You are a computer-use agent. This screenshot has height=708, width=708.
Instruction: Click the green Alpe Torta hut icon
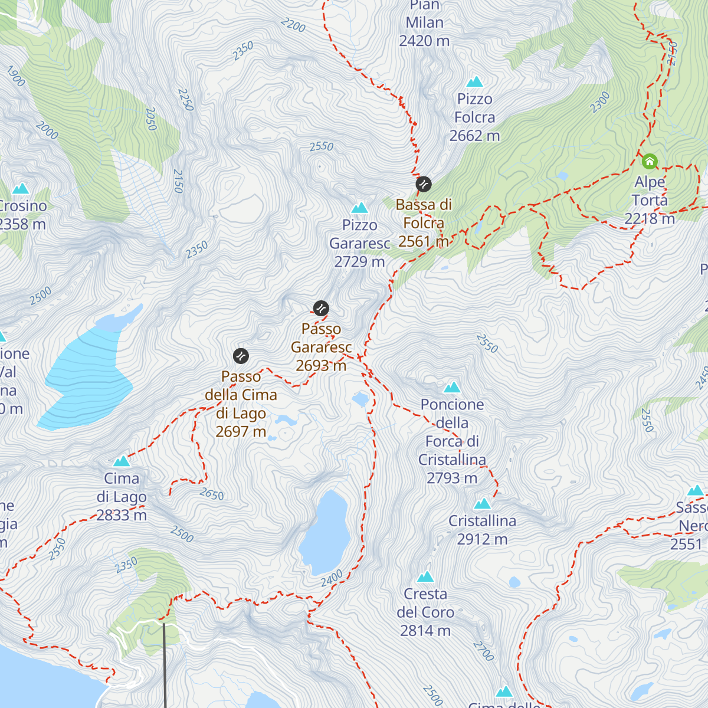[x=650, y=161]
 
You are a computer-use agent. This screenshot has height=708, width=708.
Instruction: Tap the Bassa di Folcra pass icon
[x=424, y=184]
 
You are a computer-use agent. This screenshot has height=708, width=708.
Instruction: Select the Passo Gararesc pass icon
[x=321, y=308]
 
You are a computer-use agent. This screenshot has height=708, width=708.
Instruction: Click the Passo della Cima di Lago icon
[x=241, y=356]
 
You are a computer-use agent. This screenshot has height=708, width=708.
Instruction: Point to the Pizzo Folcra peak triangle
[x=474, y=82]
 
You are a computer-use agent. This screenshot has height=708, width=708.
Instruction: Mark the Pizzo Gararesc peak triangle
[x=359, y=208]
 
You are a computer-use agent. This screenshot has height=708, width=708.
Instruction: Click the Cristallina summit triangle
[x=483, y=504]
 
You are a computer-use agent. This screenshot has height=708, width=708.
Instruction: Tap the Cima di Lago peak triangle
[x=122, y=461]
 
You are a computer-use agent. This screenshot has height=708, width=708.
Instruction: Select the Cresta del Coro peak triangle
[x=425, y=577]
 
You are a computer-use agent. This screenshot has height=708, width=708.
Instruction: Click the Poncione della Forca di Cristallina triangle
[x=452, y=388]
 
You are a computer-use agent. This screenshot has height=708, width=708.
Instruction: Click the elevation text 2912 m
[x=482, y=539]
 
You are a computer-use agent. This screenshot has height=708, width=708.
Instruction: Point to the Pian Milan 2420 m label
[x=424, y=24]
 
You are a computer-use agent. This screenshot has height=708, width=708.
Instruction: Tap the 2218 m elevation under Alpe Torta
[x=650, y=219]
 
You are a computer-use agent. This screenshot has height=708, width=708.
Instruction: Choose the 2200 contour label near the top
[x=293, y=25]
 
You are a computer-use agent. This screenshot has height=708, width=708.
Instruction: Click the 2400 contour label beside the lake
[x=332, y=579]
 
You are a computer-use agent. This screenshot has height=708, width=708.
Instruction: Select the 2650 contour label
[x=212, y=494]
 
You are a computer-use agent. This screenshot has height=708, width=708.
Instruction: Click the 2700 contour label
[x=483, y=651]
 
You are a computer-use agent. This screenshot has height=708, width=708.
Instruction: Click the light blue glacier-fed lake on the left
[x=88, y=378]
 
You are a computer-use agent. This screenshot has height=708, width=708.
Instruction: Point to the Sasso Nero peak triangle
[x=696, y=491]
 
